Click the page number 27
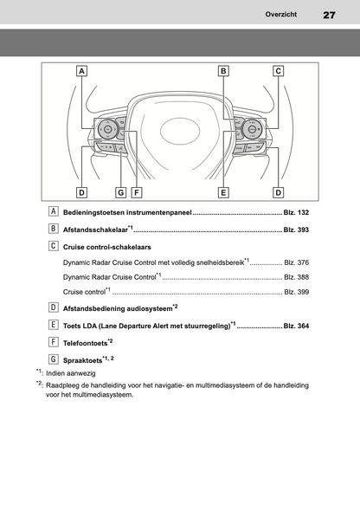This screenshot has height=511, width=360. click(329, 15)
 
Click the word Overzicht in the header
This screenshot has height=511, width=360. click(281, 15)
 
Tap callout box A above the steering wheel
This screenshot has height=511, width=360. click(81, 71)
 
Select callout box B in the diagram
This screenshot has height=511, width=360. click(223, 71)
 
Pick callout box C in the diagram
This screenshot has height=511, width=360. click(279, 71)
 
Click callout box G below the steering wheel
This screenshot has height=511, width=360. click(121, 192)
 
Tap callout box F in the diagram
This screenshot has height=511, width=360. click(137, 192)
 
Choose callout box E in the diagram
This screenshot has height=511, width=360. click(223, 192)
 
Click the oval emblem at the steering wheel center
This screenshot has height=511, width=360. click(180, 131)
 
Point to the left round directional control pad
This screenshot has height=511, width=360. click(108, 129)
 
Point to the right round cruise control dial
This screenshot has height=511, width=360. click(251, 129)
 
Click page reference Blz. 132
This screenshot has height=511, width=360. click(296, 212)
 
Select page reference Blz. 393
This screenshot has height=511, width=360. click(296, 230)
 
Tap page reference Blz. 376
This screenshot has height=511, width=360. click(296, 262)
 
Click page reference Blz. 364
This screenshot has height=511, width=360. click(296, 326)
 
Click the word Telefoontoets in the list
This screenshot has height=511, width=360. click(86, 343)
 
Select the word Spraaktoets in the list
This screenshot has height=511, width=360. click(83, 361)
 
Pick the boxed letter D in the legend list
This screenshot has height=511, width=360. click(53, 307)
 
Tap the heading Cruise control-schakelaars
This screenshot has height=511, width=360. click(107, 247)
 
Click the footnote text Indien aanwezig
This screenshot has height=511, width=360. click(71, 373)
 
